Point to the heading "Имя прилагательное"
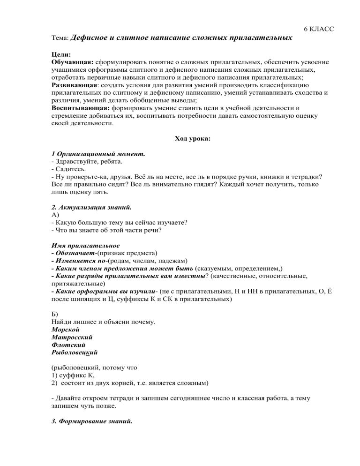point(86,245)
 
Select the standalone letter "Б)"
point(55,314)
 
